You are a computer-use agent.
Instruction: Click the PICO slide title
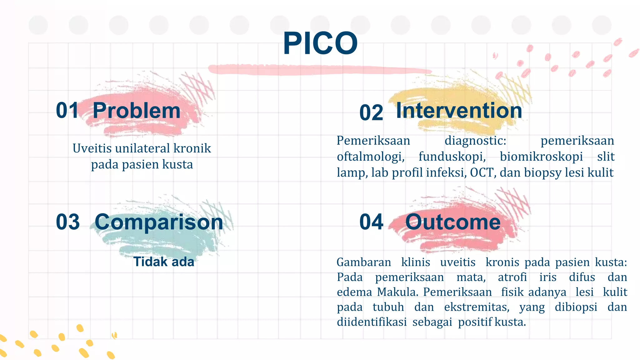click(320, 44)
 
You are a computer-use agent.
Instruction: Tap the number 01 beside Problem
click(67, 110)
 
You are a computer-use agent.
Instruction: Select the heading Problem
click(137, 111)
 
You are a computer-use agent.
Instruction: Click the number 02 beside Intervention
click(371, 113)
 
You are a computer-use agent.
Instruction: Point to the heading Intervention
click(459, 111)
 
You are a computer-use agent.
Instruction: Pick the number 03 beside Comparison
click(68, 222)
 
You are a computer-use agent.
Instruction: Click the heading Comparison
click(159, 222)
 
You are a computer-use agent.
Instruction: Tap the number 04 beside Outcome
click(371, 222)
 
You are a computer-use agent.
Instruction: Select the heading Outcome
click(453, 222)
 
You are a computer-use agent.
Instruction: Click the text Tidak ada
click(164, 262)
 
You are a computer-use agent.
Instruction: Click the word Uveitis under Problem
click(92, 148)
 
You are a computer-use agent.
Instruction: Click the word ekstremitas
click(477, 307)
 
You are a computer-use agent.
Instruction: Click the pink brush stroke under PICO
click(319, 69)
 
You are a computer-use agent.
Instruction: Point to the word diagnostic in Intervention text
click(475, 141)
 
